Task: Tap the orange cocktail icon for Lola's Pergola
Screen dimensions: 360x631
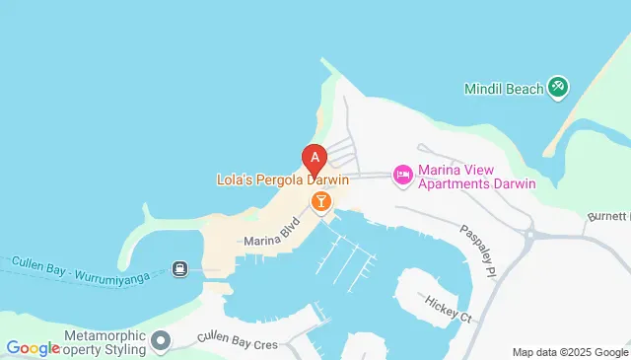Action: [x=320, y=202]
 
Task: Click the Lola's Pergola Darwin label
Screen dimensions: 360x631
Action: [x=282, y=180]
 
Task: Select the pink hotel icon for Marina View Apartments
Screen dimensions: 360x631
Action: [x=402, y=175]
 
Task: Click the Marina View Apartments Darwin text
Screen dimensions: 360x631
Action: [x=476, y=177]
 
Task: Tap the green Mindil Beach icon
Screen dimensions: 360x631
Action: [x=558, y=88]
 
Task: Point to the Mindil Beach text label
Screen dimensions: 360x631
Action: [x=504, y=89]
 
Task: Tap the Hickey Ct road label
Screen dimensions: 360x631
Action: [x=450, y=309]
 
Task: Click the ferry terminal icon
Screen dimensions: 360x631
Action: [x=180, y=268]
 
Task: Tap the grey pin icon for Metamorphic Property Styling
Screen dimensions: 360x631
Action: [x=161, y=341]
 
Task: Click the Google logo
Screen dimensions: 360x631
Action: [x=33, y=347]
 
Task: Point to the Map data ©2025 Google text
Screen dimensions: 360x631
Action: [x=570, y=352]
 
